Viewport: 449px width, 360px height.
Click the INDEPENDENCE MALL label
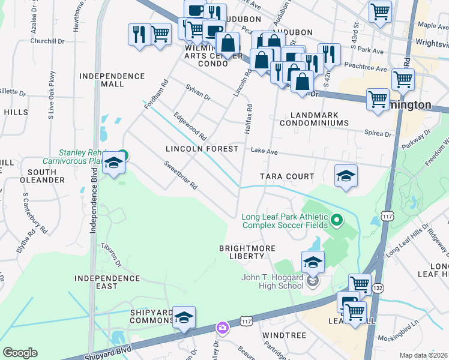(112, 80)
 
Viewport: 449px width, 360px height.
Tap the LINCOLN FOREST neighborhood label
(202, 148)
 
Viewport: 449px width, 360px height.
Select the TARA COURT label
(287, 176)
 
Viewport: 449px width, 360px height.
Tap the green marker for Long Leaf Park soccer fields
(337, 221)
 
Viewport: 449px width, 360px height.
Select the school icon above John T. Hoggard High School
(313, 262)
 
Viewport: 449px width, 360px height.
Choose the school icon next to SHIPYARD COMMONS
(184, 317)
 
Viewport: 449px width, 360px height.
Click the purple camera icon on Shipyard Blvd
(223, 328)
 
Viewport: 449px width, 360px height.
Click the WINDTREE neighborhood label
(284, 335)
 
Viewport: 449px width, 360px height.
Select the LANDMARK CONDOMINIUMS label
(313, 119)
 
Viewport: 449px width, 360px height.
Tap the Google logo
(20, 353)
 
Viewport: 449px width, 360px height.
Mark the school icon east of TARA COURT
(346, 175)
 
